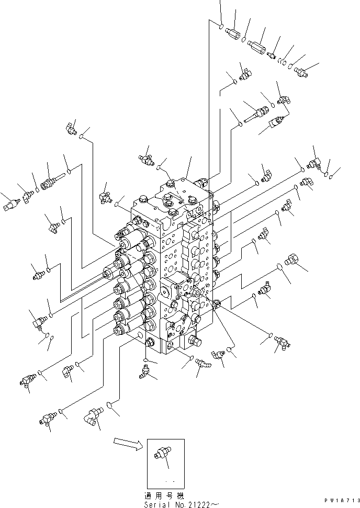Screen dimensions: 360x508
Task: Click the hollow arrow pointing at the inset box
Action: click(128, 444)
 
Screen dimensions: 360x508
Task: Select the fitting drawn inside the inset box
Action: click(162, 452)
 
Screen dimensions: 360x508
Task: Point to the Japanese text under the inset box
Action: click(164, 495)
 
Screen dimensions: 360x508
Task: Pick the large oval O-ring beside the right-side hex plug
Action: click(279, 267)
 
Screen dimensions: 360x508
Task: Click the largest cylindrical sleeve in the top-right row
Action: click(256, 47)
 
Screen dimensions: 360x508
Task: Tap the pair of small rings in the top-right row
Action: click(283, 62)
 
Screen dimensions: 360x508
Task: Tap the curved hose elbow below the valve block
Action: click(203, 363)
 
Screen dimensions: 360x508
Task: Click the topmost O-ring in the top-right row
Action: click(221, 26)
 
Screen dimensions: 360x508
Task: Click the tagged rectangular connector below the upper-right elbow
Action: click(277, 121)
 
